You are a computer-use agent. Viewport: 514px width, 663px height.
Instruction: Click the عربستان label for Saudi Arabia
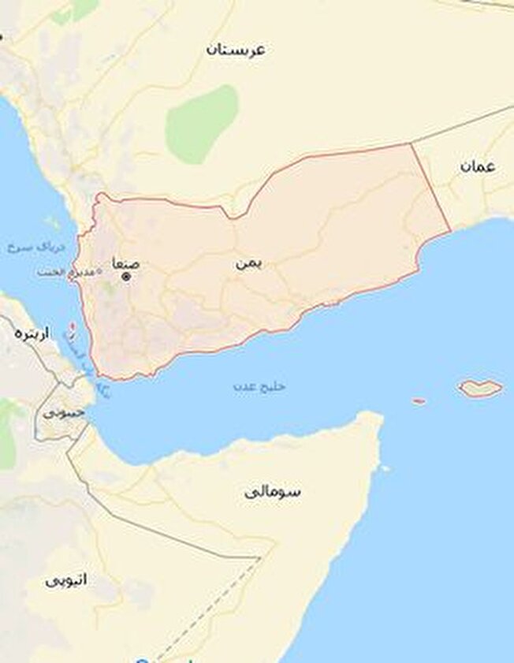tap(236, 50)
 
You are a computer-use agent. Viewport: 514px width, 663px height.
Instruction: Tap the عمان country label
tap(479, 166)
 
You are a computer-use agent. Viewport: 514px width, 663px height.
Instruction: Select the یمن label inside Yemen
tap(248, 263)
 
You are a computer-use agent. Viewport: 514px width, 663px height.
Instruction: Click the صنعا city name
tap(125, 263)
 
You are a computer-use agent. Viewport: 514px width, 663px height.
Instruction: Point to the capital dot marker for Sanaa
tap(125, 277)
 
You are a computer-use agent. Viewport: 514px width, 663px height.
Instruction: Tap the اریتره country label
tap(32, 333)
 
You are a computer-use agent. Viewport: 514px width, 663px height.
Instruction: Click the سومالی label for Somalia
tap(273, 491)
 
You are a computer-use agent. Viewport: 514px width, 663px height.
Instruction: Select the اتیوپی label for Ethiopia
tap(65, 579)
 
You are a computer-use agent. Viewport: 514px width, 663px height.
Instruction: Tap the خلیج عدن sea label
tap(259, 387)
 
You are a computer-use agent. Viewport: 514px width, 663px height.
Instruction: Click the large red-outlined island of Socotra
tap(480, 388)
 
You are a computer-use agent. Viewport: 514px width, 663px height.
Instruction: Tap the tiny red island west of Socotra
tap(419, 401)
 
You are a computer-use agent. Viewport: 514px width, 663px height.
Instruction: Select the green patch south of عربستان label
tap(202, 124)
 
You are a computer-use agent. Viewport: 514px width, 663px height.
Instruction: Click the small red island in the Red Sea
tap(73, 326)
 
